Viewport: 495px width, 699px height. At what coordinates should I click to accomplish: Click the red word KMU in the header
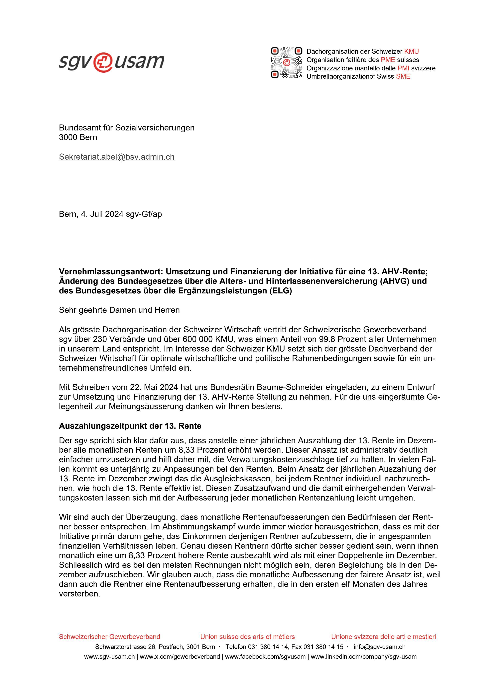tap(412, 51)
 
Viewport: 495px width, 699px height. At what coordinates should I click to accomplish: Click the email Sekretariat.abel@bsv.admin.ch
tap(117, 157)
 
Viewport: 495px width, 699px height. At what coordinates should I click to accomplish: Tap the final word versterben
tap(79, 594)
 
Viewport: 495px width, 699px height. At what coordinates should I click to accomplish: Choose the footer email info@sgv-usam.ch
tap(379, 647)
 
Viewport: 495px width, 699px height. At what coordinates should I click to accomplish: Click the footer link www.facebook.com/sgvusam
tap(265, 657)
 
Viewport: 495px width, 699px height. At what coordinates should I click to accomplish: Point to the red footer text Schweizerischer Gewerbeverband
tap(109, 637)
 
